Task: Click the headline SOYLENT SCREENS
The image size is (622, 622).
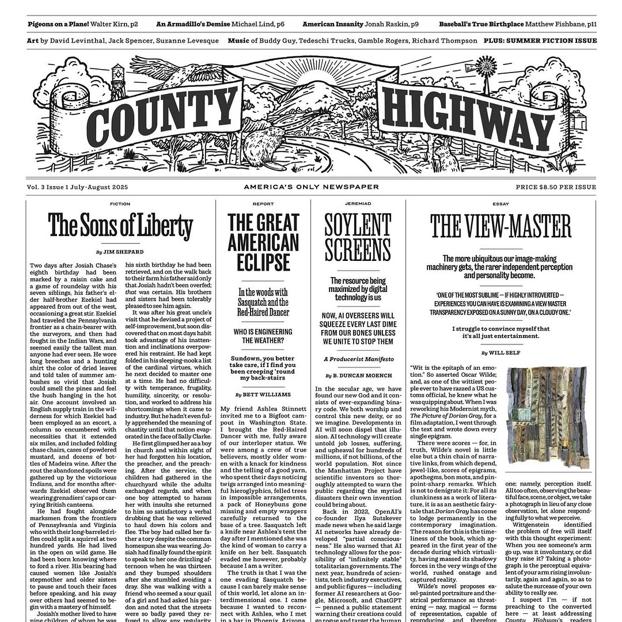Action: click(358, 237)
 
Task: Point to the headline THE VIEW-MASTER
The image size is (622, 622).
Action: click(500, 227)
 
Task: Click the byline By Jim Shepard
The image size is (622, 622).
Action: click(120, 252)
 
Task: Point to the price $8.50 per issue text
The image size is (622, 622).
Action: click(556, 187)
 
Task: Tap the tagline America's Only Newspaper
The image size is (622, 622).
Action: click(311, 187)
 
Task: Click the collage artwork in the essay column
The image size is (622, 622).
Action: click(548, 417)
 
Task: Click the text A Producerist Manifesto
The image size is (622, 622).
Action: click(358, 359)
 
